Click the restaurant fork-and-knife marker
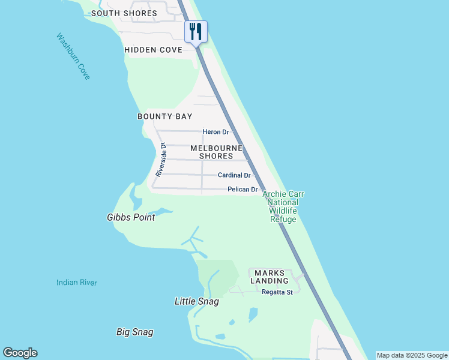coord(196,31)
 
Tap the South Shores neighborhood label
coord(124,13)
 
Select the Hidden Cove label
coord(153,50)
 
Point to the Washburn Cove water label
coord(73,56)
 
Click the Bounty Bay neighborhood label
coord(164,116)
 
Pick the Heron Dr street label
coord(216,132)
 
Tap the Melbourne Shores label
coord(216,152)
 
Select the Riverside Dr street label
coord(160,159)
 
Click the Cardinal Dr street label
coord(234,175)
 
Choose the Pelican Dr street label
coord(243,190)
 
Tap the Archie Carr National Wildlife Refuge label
coord(283,207)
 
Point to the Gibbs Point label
coord(131,218)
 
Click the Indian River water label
coord(77,283)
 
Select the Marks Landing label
coord(269,277)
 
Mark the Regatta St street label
coord(277,292)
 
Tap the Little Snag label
coord(196,302)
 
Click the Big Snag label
coord(134,332)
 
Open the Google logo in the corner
coord(20,353)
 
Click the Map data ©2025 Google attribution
coord(412,355)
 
